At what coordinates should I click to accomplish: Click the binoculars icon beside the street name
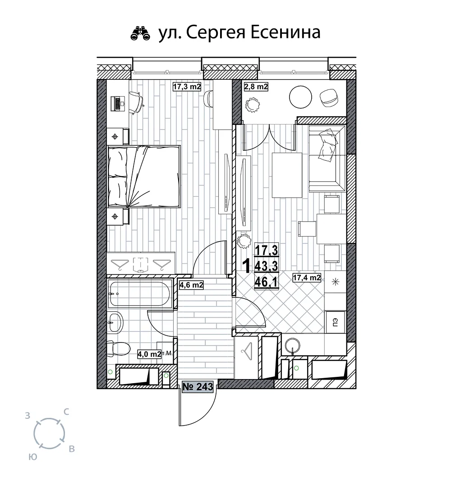(140, 33)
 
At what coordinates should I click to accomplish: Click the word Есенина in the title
(285, 32)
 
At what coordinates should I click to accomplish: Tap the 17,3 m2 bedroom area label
(187, 87)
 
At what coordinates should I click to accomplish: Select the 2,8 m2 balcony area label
(256, 87)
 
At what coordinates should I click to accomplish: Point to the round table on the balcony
(300, 97)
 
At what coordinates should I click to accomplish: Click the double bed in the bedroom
(143, 176)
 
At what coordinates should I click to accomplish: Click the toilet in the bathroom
(118, 348)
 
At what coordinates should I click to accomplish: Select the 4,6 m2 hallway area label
(191, 285)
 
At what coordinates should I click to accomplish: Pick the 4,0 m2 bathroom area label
(149, 354)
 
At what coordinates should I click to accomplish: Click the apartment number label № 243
(198, 387)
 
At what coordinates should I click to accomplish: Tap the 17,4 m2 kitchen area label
(307, 278)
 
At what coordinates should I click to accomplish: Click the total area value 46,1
(266, 282)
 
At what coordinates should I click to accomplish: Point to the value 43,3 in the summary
(266, 266)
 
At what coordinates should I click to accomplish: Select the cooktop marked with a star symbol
(335, 282)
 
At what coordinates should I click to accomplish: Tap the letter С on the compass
(66, 412)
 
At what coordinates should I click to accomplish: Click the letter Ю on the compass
(33, 457)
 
